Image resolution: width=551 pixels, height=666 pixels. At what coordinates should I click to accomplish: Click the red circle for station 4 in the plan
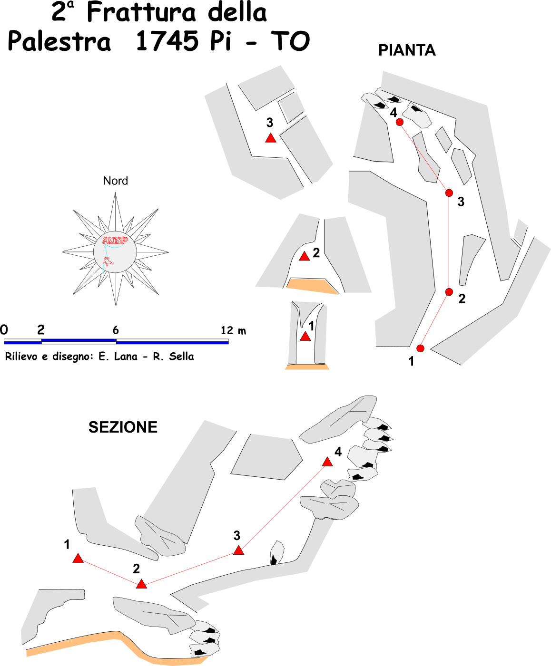[399, 122]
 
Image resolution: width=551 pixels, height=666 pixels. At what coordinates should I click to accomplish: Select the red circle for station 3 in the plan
[449, 193]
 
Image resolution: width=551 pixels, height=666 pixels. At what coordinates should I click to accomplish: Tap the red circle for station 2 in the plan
[449, 291]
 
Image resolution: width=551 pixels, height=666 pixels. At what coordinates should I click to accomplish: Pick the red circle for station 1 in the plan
[420, 348]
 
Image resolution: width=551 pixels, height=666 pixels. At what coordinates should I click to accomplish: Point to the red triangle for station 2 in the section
[141, 584]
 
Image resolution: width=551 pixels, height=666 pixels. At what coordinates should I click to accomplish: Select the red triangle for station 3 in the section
[238, 550]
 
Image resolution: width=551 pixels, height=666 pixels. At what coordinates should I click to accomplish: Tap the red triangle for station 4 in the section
[327, 462]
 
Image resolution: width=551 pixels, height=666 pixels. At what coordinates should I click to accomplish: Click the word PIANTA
[407, 50]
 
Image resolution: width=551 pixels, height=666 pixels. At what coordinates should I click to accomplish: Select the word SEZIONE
[123, 427]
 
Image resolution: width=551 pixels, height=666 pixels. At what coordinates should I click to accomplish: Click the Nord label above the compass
[115, 181]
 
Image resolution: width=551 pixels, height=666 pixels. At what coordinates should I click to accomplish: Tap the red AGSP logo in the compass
[115, 240]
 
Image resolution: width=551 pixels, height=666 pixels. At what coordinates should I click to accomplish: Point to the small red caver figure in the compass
[108, 261]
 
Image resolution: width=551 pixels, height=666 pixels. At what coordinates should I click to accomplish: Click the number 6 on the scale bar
[116, 330]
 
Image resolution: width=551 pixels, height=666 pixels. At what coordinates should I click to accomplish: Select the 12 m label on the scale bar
[233, 330]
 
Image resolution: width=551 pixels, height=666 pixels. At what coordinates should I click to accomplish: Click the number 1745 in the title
[167, 41]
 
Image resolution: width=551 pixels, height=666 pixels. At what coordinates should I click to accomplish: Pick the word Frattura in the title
[141, 13]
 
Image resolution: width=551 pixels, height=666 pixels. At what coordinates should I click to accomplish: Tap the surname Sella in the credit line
[181, 356]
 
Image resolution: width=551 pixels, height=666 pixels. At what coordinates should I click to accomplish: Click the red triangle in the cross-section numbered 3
[270, 138]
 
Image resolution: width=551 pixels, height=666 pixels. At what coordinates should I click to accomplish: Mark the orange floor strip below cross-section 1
[307, 367]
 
